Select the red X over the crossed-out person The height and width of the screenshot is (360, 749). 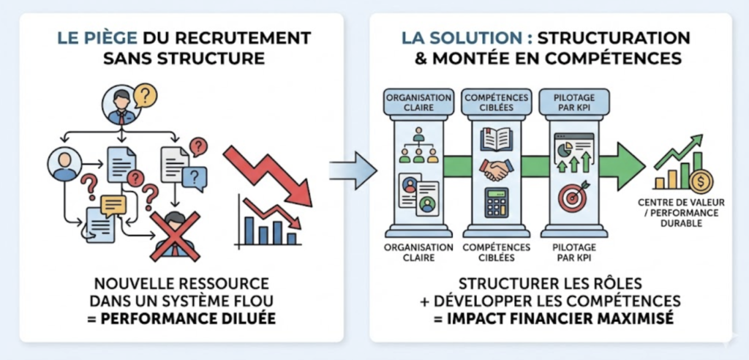coord(175,236)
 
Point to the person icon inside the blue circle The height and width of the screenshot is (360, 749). coord(65,164)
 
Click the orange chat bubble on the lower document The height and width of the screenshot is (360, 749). coord(113,206)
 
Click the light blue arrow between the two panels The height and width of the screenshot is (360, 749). coord(352,170)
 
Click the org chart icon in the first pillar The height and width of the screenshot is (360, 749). coord(418,145)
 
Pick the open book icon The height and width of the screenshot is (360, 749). coord(496,139)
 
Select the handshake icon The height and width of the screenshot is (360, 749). coord(496,170)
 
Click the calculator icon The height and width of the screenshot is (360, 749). coord(496,202)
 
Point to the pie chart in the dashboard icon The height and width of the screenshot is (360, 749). coord(564,149)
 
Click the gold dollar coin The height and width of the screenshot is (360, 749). coord(701,180)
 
